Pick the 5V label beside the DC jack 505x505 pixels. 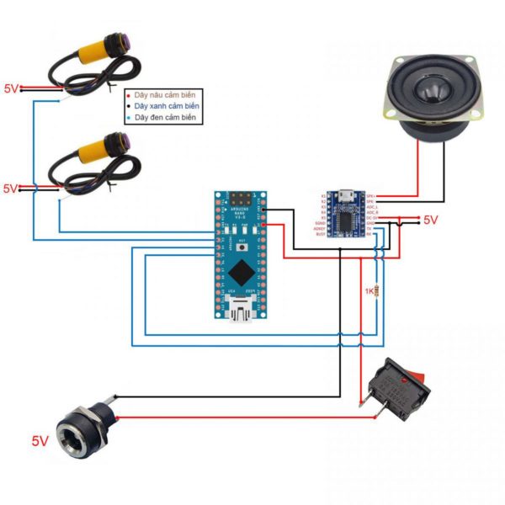coord(40,440)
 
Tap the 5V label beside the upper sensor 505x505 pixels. coord(11,88)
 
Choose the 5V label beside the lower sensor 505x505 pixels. coord(11,189)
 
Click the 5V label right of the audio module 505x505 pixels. coord(430,220)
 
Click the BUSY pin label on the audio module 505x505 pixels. coord(320,234)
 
